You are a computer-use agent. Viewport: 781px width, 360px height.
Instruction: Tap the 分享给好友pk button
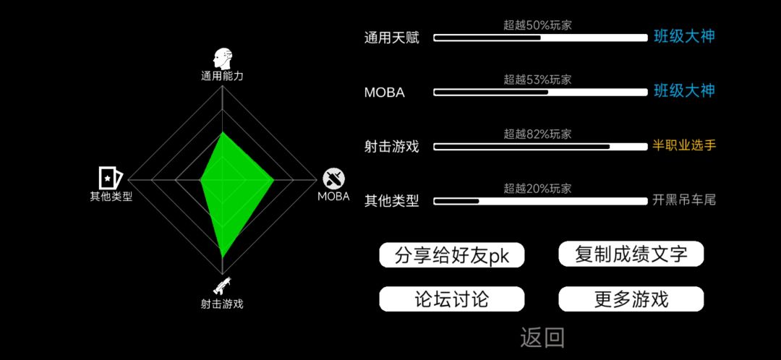click(x=452, y=255)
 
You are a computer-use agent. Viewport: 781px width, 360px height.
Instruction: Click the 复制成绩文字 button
click(x=631, y=254)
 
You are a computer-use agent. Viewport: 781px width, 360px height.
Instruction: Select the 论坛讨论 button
click(x=452, y=299)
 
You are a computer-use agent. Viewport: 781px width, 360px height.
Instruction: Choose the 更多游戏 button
click(x=631, y=299)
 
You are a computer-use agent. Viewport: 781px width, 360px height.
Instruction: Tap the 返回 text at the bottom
click(x=542, y=338)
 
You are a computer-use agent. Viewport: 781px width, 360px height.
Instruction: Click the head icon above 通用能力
click(x=222, y=59)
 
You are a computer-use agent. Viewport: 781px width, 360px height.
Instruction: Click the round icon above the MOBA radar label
click(x=333, y=179)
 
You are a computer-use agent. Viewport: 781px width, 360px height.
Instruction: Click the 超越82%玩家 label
click(x=537, y=134)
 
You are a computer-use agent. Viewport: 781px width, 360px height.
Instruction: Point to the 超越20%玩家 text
click(x=537, y=188)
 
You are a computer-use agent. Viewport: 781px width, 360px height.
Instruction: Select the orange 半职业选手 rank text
click(x=684, y=146)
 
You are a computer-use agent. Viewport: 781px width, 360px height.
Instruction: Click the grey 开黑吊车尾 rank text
click(x=684, y=201)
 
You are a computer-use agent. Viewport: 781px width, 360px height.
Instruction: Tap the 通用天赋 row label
click(x=391, y=38)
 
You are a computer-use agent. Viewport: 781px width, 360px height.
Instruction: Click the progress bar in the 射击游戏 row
click(x=540, y=147)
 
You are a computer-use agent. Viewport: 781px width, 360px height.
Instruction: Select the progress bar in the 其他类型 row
click(x=540, y=201)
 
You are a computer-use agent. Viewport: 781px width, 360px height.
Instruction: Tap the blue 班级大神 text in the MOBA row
click(x=684, y=91)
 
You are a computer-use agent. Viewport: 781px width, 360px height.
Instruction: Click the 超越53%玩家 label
click(x=537, y=80)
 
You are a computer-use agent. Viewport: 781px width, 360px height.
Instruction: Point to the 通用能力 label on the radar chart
click(x=222, y=76)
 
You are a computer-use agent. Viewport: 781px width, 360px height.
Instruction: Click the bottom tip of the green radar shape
click(x=222, y=257)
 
